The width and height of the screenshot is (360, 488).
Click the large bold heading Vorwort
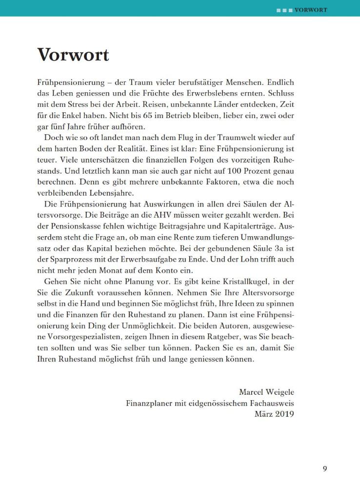click(73, 55)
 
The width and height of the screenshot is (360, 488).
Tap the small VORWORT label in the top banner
click(311, 10)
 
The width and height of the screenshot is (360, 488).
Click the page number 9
click(325, 468)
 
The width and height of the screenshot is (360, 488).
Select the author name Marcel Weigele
click(266, 392)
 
